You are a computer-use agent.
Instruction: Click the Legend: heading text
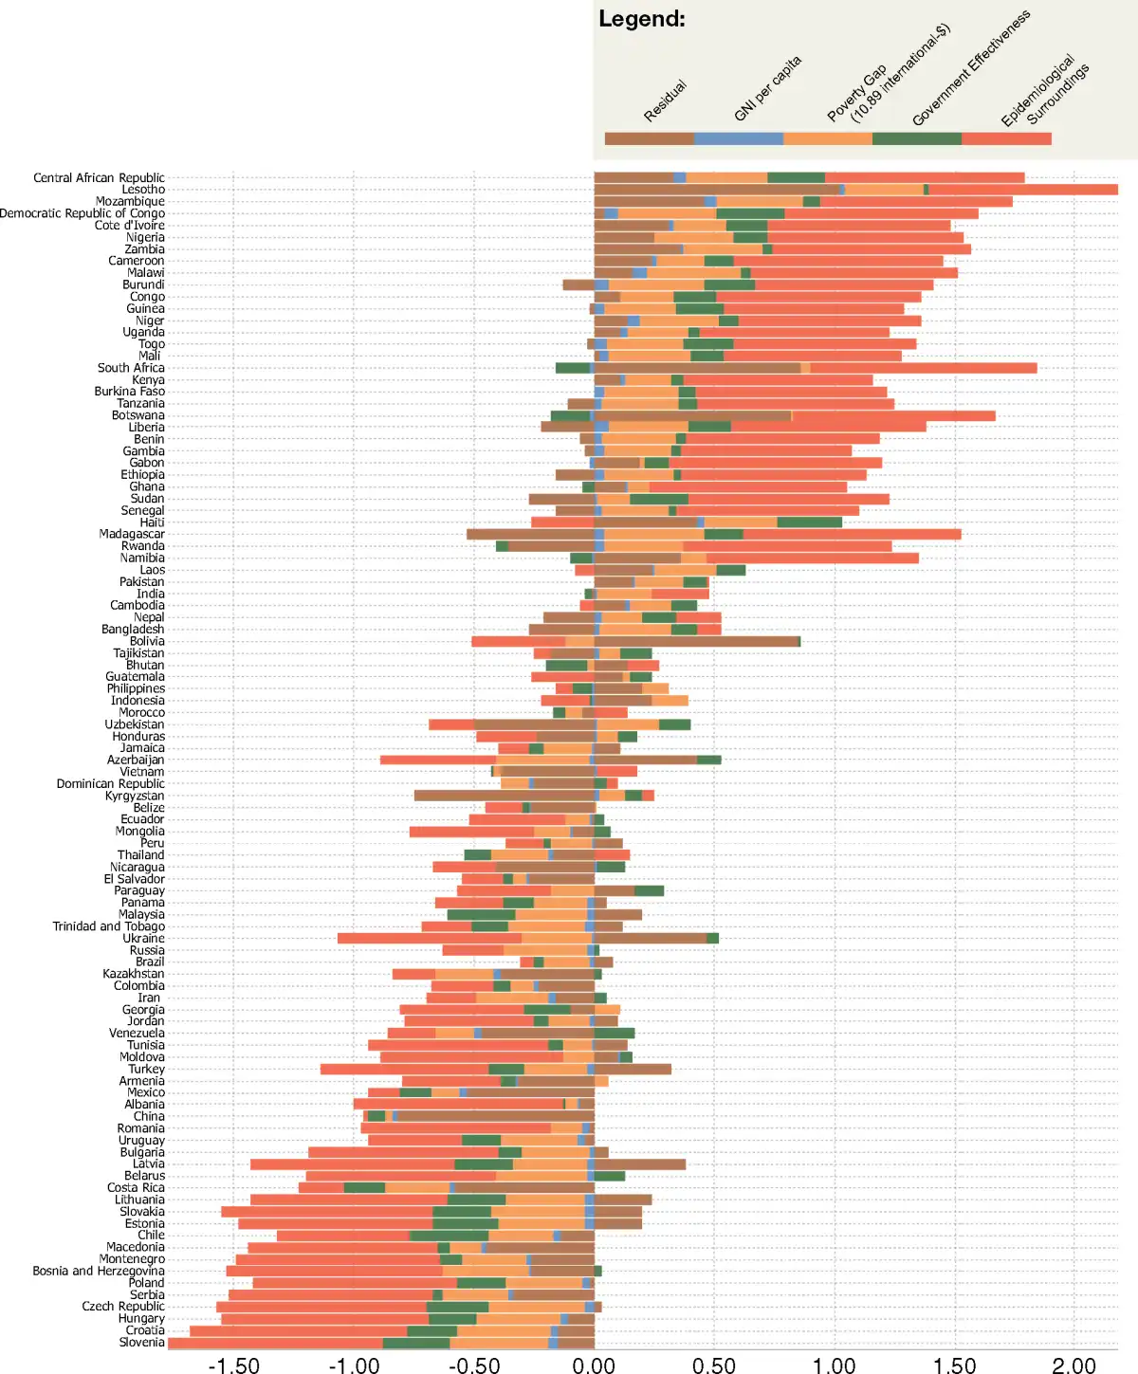pyautogui.click(x=641, y=19)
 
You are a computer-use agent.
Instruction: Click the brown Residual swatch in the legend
pyautogui.click(x=649, y=139)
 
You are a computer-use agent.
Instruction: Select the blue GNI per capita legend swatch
pyautogui.click(x=738, y=139)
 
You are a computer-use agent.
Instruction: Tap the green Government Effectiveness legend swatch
pyautogui.click(x=916, y=139)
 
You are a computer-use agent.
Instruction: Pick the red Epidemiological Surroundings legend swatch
pyautogui.click(x=1005, y=139)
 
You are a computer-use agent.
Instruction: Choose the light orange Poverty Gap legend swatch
pyautogui.click(x=827, y=139)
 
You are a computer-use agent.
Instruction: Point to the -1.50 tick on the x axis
pyautogui.click(x=233, y=1365)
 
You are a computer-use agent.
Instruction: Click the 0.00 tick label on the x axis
pyautogui.click(x=594, y=1365)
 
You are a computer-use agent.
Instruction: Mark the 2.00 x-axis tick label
pyautogui.click(x=1074, y=1365)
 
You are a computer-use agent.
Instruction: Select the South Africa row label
pyautogui.click(x=131, y=368)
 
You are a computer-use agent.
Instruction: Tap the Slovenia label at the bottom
pyautogui.click(x=141, y=1342)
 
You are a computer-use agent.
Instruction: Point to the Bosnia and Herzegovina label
pyautogui.click(x=99, y=1271)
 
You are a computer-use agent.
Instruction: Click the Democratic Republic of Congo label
pyautogui.click(x=83, y=213)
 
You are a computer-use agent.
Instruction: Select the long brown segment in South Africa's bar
pyautogui.click(x=697, y=368)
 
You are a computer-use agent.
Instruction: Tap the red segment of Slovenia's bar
pyautogui.click(x=275, y=1342)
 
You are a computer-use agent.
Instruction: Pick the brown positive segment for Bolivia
pyautogui.click(x=697, y=641)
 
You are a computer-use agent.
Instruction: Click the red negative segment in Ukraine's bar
pyautogui.click(x=429, y=938)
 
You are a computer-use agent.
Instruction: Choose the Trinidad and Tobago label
pyautogui.click(x=108, y=926)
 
